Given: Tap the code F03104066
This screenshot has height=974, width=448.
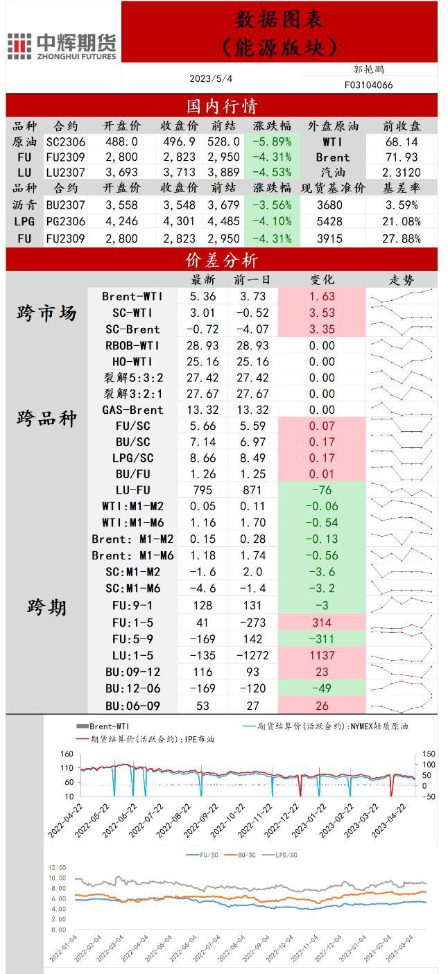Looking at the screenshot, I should [368, 85].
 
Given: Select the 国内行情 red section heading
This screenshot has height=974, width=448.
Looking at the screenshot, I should [222, 106].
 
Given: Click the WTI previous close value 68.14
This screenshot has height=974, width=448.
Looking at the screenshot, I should [402, 141].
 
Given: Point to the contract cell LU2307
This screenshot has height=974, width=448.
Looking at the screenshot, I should [66, 172].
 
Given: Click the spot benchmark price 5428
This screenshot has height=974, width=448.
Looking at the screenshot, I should [329, 221].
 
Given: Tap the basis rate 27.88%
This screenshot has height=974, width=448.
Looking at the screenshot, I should [402, 238].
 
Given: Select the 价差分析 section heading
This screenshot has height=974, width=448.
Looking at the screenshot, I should [222, 260].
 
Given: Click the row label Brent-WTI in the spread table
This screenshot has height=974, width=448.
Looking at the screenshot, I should [132, 297].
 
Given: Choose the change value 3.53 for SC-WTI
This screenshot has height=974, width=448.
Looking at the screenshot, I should [322, 313].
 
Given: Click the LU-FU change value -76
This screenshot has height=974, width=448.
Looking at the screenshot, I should [322, 490].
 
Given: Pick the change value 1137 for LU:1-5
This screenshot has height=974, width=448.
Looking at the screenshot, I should [322, 655].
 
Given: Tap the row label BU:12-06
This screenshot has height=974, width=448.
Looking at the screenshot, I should [132, 688].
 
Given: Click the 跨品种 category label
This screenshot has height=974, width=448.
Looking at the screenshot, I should [46, 419].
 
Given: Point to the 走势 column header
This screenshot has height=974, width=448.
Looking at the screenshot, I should [402, 280].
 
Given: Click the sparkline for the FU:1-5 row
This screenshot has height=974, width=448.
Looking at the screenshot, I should [402, 623].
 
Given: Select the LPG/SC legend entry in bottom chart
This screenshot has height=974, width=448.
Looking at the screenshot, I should [283, 855].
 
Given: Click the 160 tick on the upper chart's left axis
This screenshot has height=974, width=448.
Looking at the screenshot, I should [67, 754].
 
